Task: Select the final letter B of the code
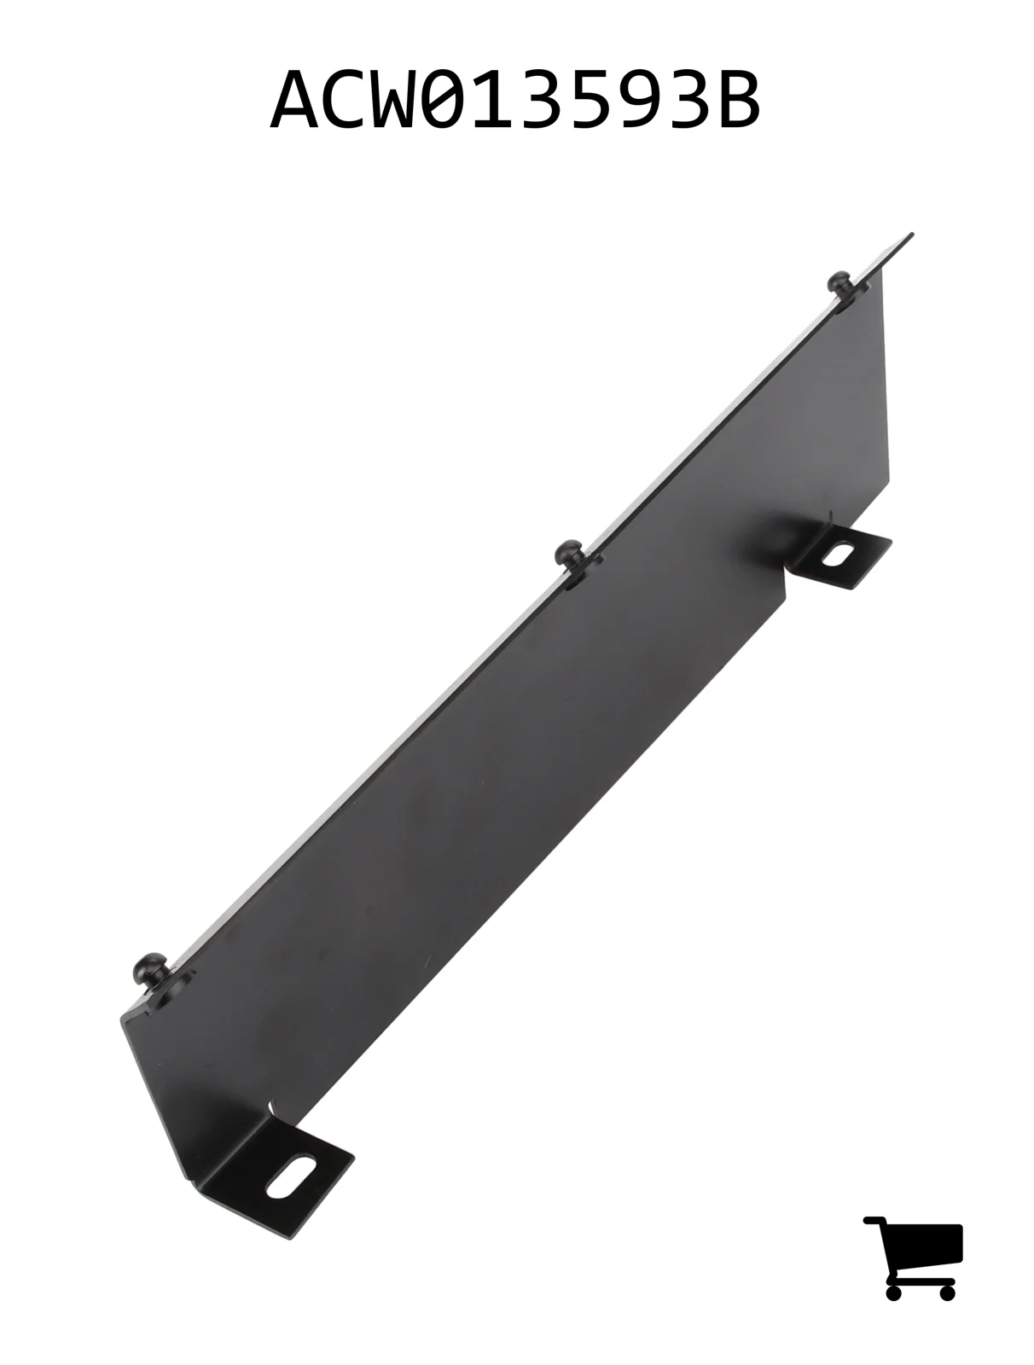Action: pos(735,100)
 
